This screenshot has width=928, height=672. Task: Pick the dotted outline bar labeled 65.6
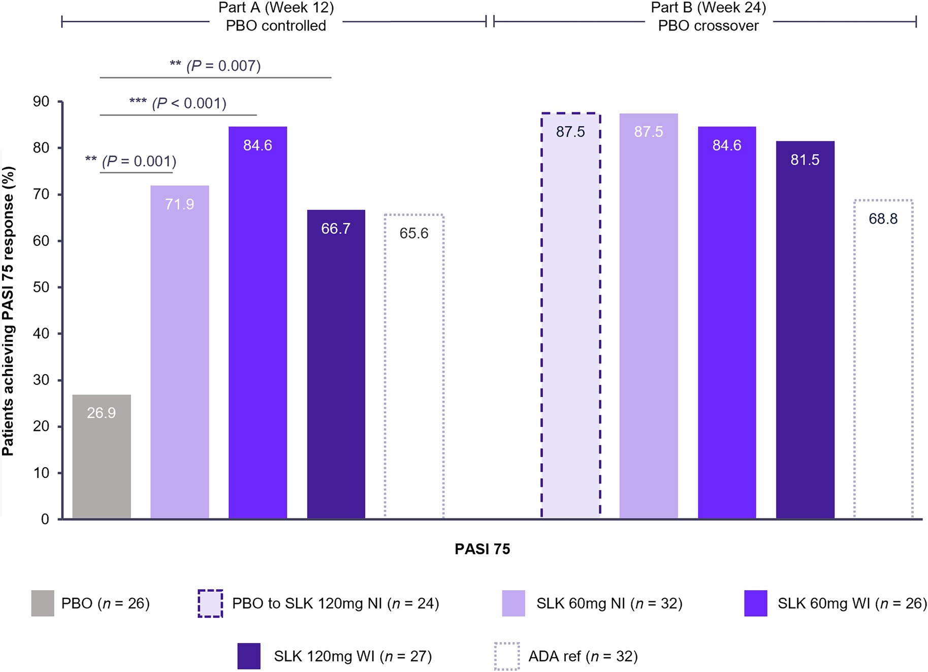click(x=414, y=366)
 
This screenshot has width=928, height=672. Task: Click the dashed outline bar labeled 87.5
click(x=570, y=315)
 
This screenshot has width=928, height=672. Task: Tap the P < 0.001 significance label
click(x=178, y=103)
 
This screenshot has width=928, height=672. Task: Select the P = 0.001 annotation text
click(x=131, y=161)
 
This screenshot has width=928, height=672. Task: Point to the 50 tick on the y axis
click(x=41, y=287)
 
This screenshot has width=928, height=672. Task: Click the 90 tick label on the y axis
click(x=41, y=102)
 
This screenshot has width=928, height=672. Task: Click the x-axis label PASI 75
click(x=482, y=549)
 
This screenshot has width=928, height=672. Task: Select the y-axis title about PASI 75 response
click(x=8, y=310)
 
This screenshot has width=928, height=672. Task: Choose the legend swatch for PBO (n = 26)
click(x=43, y=603)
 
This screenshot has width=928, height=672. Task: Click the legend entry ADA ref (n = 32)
click(x=583, y=656)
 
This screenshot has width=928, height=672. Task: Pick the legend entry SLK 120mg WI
click(x=353, y=656)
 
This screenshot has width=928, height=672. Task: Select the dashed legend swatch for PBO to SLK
click(x=210, y=603)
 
